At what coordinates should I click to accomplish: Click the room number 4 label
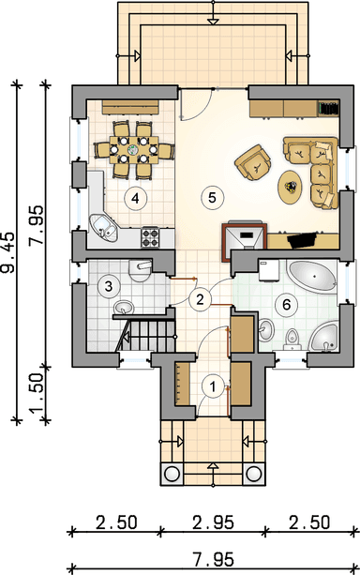[135, 199]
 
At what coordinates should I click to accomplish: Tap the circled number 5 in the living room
[212, 198]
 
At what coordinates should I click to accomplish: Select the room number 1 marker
[213, 386]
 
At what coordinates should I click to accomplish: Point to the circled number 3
[109, 286]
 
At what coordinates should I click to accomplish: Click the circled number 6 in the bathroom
[286, 304]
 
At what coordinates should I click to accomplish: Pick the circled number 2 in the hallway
[200, 299]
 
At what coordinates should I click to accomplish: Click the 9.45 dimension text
[8, 252]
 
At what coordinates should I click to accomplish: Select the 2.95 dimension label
[214, 522]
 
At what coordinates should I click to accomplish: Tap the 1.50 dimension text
[37, 393]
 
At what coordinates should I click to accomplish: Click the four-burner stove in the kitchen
[150, 237]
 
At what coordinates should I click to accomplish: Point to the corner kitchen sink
[103, 227]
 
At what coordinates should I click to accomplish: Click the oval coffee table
[291, 187]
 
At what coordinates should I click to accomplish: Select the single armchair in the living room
[254, 163]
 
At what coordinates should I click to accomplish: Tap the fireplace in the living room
[244, 237]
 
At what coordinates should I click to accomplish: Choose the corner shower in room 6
[324, 337]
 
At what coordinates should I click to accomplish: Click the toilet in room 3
[140, 271]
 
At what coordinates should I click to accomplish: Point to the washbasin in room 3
[125, 308]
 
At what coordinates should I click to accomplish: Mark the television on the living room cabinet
[302, 240]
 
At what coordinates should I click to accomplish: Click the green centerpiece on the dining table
[133, 150]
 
